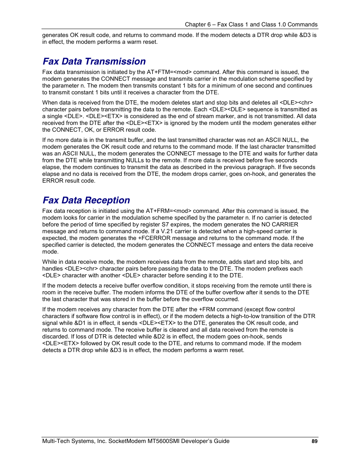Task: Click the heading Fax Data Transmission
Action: (94, 62)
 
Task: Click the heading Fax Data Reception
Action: (86, 200)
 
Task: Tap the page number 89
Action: (314, 441)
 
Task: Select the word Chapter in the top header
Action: (195, 25)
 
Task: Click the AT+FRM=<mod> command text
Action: (169, 211)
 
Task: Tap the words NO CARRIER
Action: (280, 225)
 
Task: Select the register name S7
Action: (165, 225)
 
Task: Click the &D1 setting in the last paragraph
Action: (80, 323)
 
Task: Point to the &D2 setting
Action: (159, 337)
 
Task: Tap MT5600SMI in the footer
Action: (164, 441)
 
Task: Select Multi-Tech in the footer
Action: (55, 441)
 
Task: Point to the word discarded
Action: (55, 337)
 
